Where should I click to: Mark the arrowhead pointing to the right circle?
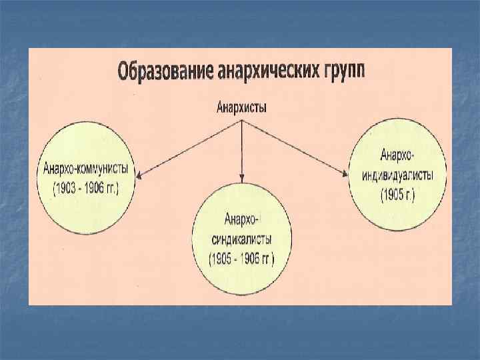(345, 175)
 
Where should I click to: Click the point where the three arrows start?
(242, 121)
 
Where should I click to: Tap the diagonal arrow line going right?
(293, 148)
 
